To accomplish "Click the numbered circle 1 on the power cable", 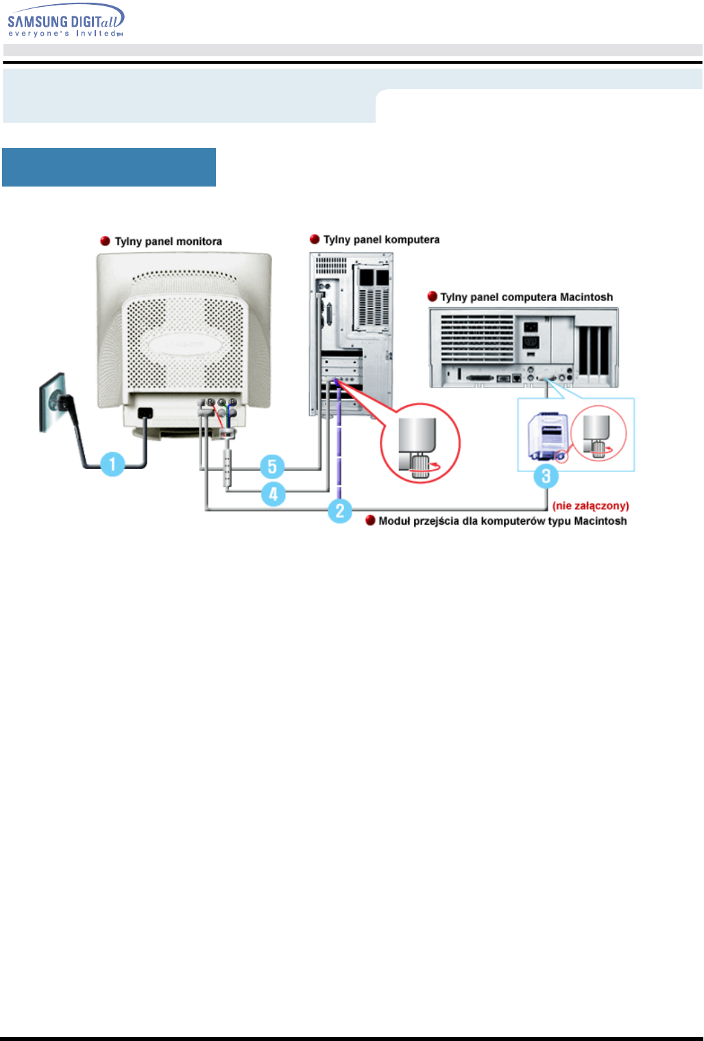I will point(113,464).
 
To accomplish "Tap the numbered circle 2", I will point(340,510).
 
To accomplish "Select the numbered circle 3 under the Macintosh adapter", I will point(546,476).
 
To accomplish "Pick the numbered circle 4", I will point(273,493).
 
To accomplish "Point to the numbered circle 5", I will point(272,467).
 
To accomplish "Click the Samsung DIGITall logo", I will point(66,20).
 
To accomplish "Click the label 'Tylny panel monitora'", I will point(168,241).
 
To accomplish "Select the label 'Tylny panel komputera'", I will point(381,239).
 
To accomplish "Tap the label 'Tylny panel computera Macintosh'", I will point(526,297).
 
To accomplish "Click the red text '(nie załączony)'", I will point(590,506).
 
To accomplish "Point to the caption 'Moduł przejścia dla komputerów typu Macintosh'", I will point(502,521).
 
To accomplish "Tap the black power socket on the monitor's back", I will point(145,414).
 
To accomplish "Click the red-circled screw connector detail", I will point(420,443).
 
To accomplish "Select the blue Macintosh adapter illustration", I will point(546,435).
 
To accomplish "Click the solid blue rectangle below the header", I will point(109,167).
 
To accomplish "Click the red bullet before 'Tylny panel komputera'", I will point(315,239).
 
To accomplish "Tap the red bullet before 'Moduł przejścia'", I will point(370,521).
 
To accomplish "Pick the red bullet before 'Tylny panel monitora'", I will point(106,241).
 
